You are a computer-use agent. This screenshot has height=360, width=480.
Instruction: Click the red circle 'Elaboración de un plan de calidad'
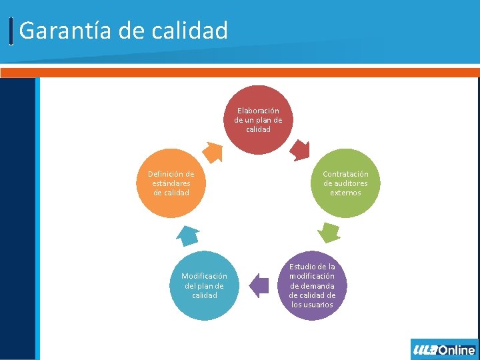tap(258, 120)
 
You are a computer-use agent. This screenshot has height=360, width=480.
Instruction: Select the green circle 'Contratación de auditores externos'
tap(345, 183)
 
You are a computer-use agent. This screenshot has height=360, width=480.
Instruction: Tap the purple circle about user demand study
tap(312, 286)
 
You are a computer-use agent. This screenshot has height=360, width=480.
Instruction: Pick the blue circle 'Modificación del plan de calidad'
tap(204, 286)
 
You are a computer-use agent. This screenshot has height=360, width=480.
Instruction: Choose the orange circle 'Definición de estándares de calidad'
tap(171, 183)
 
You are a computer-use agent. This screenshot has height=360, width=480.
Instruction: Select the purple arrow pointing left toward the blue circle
tap(259, 285)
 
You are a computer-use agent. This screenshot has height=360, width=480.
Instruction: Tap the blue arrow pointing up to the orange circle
tap(188, 235)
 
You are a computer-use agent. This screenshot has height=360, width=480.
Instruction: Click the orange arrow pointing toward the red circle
tap(213, 152)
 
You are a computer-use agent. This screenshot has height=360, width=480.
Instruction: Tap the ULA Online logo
tap(444, 349)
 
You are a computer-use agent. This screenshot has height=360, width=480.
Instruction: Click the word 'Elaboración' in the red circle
tap(258, 111)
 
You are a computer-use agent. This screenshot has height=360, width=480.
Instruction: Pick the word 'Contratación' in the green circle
tap(345, 174)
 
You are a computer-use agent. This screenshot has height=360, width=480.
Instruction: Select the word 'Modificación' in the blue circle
tap(204, 276)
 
